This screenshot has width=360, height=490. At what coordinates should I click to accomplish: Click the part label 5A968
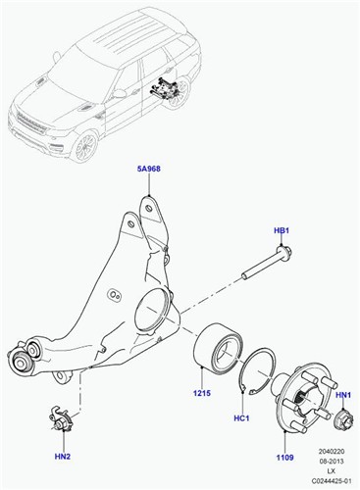point(149,169)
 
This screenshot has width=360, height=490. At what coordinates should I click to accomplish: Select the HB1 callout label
point(282,231)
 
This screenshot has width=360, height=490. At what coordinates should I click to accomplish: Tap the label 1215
point(202,393)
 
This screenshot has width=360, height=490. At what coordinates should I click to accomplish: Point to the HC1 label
point(241,417)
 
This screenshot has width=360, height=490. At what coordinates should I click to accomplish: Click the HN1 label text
point(343,395)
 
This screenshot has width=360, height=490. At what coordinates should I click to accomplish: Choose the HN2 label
point(63,457)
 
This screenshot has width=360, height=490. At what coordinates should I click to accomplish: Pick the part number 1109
point(284,458)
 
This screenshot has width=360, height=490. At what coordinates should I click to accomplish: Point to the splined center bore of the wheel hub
point(303,398)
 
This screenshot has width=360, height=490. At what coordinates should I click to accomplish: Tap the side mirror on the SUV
point(119,94)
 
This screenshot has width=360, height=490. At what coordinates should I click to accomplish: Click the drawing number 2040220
point(332,452)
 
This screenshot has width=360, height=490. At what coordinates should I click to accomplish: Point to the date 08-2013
point(332,462)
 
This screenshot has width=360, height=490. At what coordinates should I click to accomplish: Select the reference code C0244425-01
point(332,481)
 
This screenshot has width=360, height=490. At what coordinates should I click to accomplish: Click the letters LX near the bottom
point(332,471)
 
